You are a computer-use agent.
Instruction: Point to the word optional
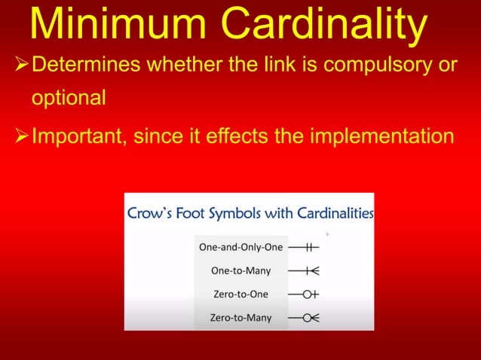[67, 99]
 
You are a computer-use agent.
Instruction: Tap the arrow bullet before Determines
[17, 66]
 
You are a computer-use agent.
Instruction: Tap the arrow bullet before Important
[17, 137]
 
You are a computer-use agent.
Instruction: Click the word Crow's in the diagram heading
[155, 213]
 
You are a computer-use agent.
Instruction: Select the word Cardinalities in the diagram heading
[329, 213]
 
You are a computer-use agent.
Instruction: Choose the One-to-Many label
[241, 270]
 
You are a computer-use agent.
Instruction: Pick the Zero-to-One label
[240, 294]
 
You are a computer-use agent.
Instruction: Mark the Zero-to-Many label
[240, 318]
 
